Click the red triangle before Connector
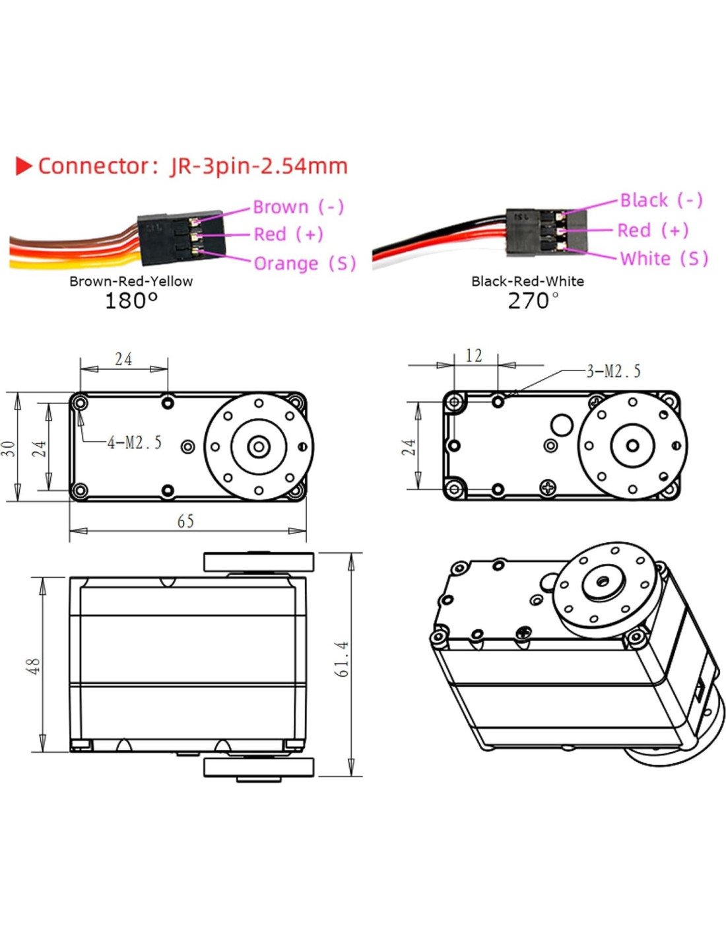24,166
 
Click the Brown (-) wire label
298,207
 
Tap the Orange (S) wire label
304,263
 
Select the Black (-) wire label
661,200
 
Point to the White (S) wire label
664,258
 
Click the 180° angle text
131,301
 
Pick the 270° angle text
533,301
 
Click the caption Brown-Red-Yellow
131,281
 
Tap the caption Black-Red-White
527,281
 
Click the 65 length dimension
186,522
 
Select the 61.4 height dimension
342,658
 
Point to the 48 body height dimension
33,666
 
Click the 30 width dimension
8,448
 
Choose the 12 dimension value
474,356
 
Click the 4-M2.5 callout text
135,442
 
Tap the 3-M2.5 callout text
613,371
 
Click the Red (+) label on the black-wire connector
653,230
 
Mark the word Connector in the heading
94,166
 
